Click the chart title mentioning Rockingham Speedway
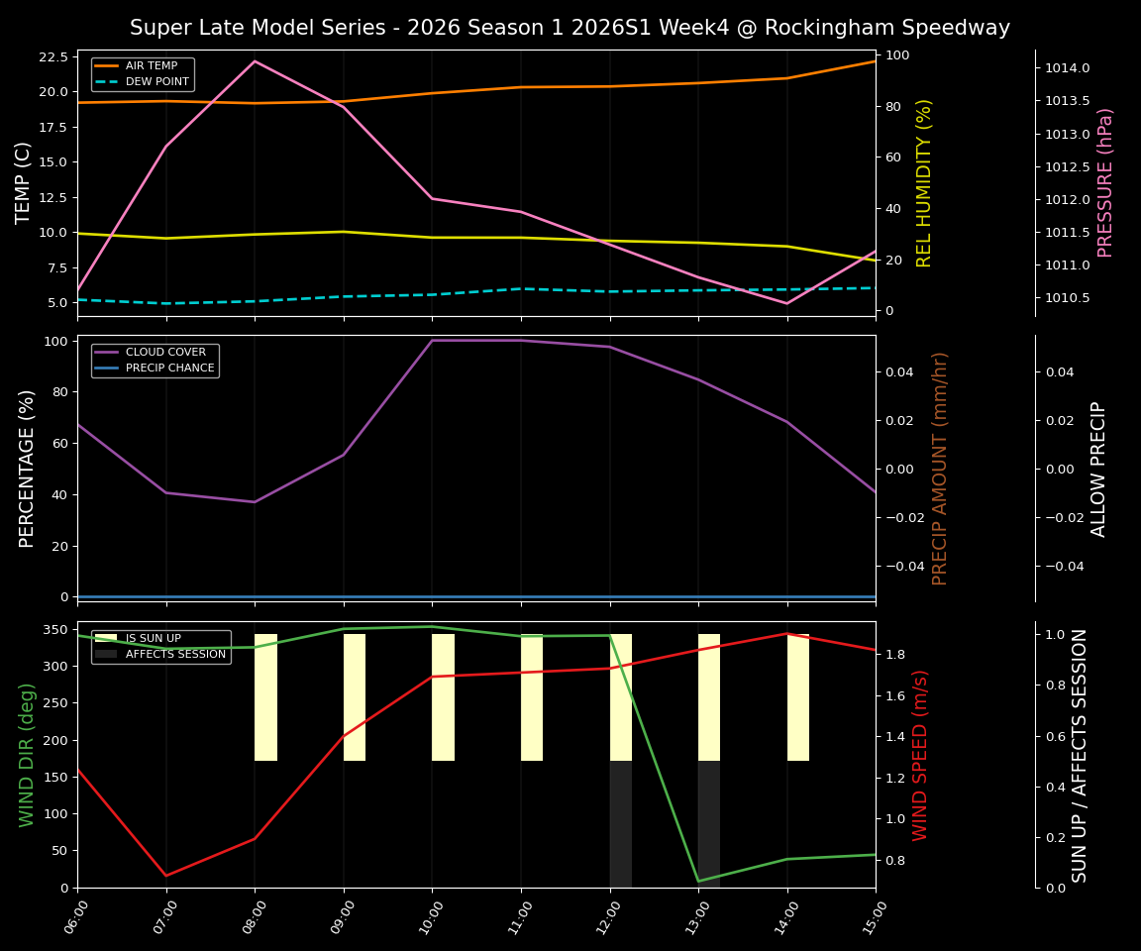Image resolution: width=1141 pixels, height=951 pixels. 570,28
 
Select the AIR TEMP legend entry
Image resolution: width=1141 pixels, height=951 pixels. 151,65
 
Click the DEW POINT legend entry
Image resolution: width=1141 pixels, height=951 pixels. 156,81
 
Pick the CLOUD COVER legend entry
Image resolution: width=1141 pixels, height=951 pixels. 165,352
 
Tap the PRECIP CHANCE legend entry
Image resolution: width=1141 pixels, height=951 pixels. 169,368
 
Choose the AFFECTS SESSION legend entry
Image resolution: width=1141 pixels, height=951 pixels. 174,654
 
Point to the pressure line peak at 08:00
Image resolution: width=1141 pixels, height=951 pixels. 255,61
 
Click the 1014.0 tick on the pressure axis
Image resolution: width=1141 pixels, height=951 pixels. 1067,68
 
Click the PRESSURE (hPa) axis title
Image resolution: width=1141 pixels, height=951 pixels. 1105,182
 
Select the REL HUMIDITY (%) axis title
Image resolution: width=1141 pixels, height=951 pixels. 924,182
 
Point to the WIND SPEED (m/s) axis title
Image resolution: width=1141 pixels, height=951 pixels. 920,754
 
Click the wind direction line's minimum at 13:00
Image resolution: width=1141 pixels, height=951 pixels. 698,881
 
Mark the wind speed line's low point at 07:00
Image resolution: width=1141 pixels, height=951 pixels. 166,875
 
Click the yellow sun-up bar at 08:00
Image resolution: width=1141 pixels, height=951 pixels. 265,697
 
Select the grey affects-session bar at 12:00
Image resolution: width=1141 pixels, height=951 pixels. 620,823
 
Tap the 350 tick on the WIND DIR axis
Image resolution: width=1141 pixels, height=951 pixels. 54,629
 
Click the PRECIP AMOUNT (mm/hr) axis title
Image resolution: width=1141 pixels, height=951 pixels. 940,468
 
